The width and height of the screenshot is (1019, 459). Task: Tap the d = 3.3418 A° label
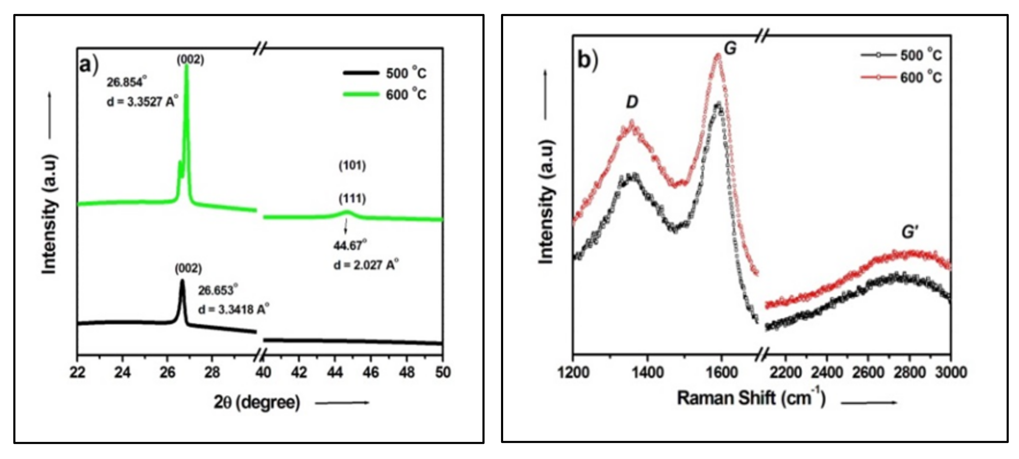click(x=233, y=309)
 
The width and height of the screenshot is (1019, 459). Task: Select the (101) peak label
click(x=352, y=165)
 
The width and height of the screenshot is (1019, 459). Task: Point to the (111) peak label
click(x=352, y=198)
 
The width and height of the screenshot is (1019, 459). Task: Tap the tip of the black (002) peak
click(x=182, y=281)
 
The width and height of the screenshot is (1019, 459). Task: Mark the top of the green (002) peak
click(x=187, y=65)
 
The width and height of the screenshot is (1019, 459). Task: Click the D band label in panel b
click(x=632, y=102)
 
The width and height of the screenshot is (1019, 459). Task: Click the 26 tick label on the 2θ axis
click(x=167, y=372)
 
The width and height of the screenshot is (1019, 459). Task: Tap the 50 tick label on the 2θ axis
click(x=443, y=372)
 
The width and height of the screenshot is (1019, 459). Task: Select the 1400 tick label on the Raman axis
click(x=647, y=372)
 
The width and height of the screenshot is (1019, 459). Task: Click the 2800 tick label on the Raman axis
click(x=909, y=372)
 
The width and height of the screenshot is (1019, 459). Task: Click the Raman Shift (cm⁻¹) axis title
click(x=751, y=398)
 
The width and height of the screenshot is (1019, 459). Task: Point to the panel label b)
click(x=588, y=60)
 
